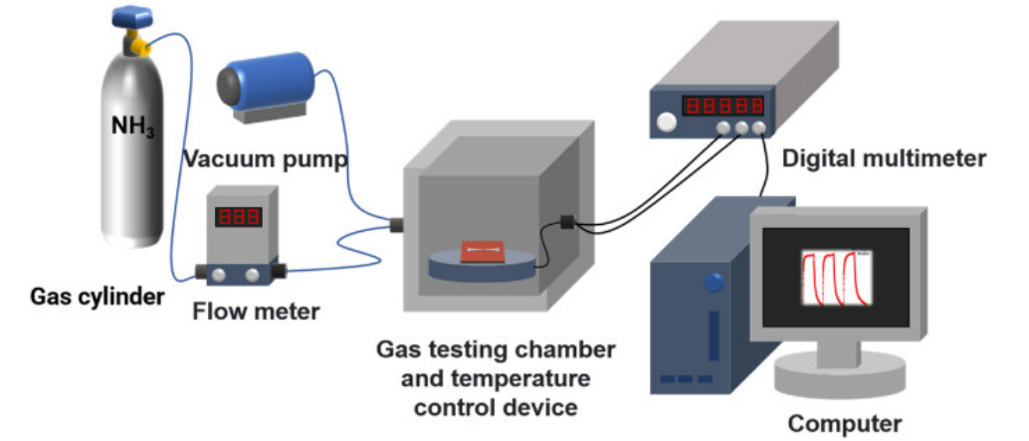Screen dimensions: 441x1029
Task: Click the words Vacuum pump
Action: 266,159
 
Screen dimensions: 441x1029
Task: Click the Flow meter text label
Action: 256,312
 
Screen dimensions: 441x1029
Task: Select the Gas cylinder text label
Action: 97,296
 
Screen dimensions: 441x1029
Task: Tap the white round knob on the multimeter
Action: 665,122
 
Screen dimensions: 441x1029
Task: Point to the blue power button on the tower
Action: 712,282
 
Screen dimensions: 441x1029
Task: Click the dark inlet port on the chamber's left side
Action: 395,224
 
